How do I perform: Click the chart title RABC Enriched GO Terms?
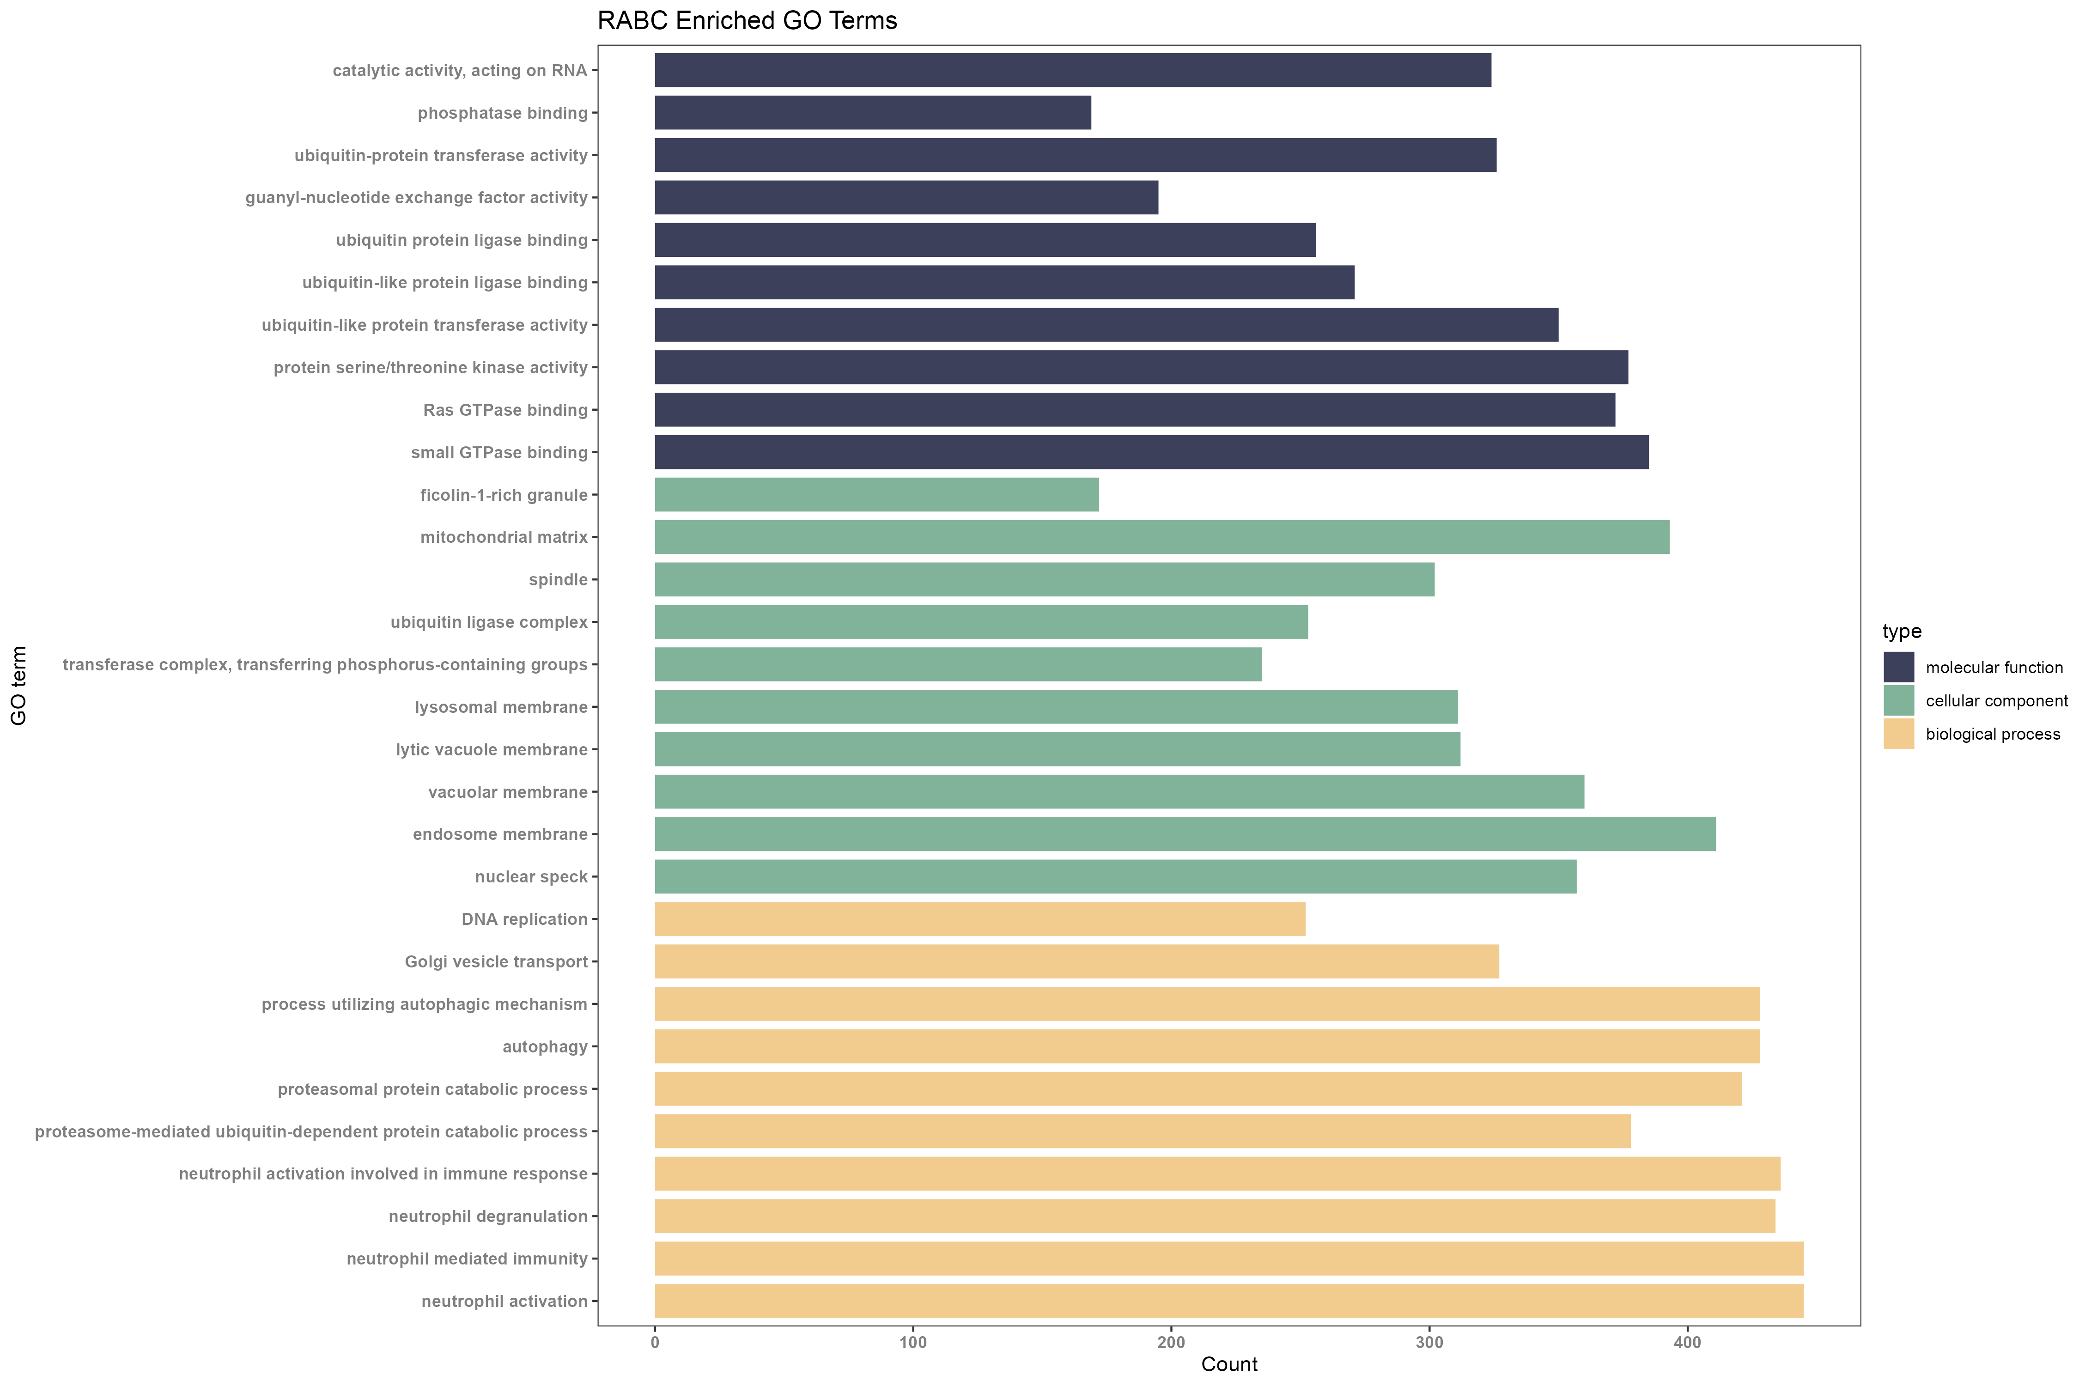[x=747, y=20]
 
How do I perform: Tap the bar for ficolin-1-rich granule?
[x=876, y=495]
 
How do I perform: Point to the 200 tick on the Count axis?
[x=1171, y=1343]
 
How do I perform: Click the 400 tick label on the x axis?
[x=1687, y=1343]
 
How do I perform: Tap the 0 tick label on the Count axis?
[x=655, y=1343]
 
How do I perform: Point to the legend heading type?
[x=1901, y=631]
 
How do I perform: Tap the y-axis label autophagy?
[x=545, y=1046]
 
